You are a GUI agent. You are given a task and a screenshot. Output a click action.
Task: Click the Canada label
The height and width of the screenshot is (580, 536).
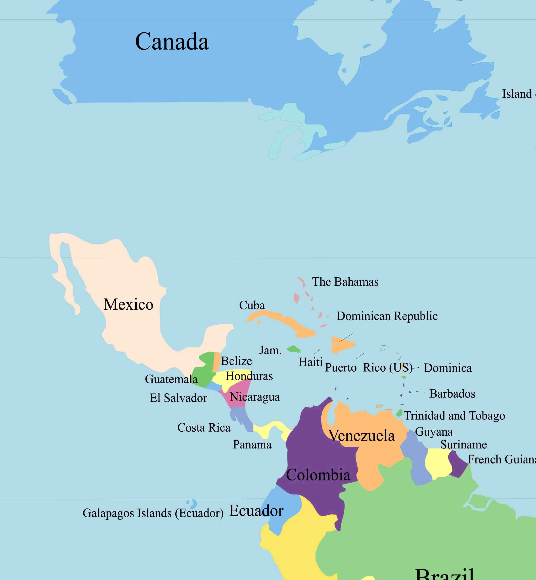pos(172,42)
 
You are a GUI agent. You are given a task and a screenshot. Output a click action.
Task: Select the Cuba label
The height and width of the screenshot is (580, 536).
pos(252,305)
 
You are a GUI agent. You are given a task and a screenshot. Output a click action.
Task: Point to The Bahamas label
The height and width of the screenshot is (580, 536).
pos(345,282)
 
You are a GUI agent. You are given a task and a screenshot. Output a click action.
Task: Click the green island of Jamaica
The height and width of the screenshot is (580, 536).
pos(293,349)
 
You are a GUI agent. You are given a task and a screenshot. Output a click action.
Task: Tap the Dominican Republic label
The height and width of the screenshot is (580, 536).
pos(387,316)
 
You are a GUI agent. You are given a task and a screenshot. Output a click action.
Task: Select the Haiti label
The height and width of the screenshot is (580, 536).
pos(311,362)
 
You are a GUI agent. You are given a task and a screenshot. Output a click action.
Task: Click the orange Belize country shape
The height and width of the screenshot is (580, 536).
pos(217,362)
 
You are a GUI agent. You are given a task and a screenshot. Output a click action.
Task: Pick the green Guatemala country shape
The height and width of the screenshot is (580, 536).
pos(204,372)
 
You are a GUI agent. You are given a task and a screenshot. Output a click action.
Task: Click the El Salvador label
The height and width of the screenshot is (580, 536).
pos(178,398)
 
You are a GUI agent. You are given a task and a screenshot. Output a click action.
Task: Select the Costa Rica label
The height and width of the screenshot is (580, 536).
pos(204,427)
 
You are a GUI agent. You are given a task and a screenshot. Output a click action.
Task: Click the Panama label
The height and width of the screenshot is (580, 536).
pos(252,445)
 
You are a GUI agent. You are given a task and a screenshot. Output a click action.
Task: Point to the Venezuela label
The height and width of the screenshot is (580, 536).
pos(362,436)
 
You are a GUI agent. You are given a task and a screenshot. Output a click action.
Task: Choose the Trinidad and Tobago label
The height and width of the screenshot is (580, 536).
pos(454,416)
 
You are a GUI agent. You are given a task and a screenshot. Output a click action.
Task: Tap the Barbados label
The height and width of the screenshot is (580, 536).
pos(452,394)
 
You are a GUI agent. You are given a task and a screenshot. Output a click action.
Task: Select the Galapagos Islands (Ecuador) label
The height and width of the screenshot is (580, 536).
pos(153,513)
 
